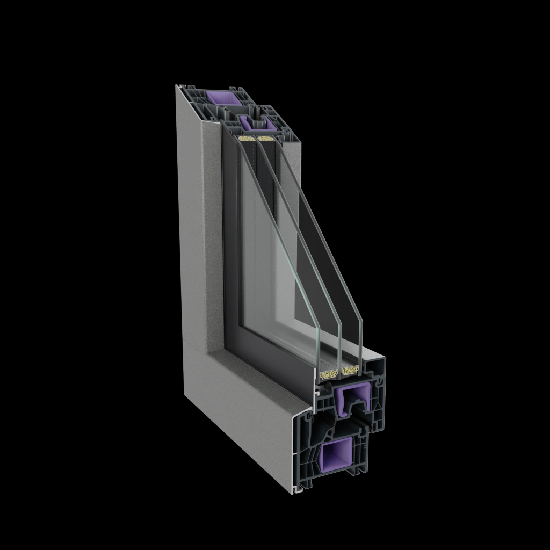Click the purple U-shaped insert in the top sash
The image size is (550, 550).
coord(254,123)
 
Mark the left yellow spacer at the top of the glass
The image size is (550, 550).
coord(246,139)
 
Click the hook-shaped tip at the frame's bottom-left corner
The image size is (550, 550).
coord(296,490)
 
